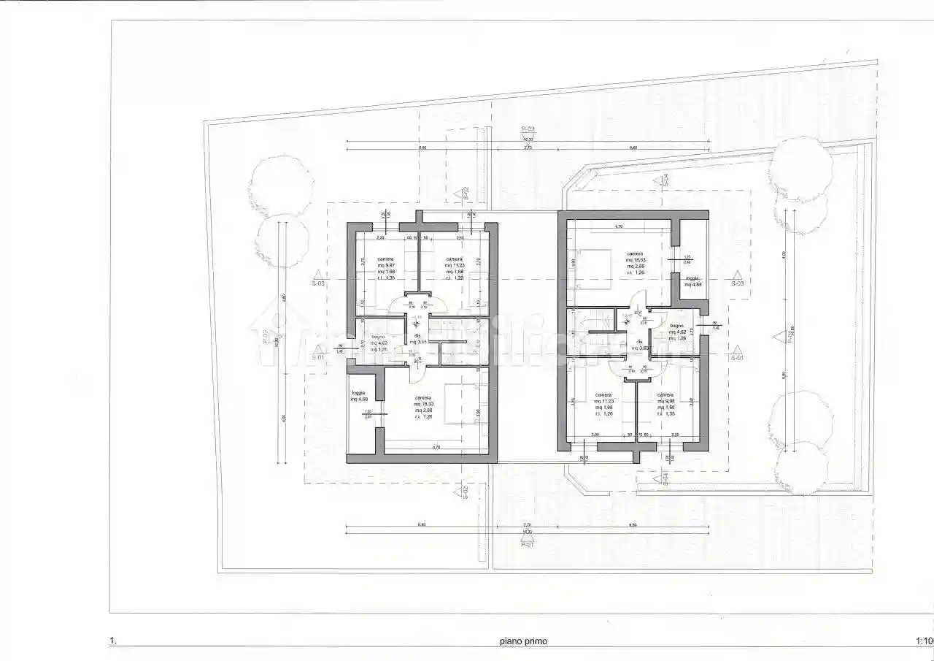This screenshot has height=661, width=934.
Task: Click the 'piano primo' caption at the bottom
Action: click(523, 641)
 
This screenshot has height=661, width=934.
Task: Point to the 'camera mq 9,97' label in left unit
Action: click(386, 268)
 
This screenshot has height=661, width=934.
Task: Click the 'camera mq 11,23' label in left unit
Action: click(454, 268)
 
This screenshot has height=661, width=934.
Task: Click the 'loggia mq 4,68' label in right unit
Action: click(693, 281)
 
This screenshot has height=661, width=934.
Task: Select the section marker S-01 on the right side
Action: click(738, 358)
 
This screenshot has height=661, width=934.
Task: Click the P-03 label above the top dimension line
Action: click(528, 129)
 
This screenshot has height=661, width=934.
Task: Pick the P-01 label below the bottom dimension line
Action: click(528, 544)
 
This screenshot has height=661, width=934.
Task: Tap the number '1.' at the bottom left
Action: click(113, 641)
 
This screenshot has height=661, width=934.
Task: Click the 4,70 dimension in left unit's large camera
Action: click(436, 447)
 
